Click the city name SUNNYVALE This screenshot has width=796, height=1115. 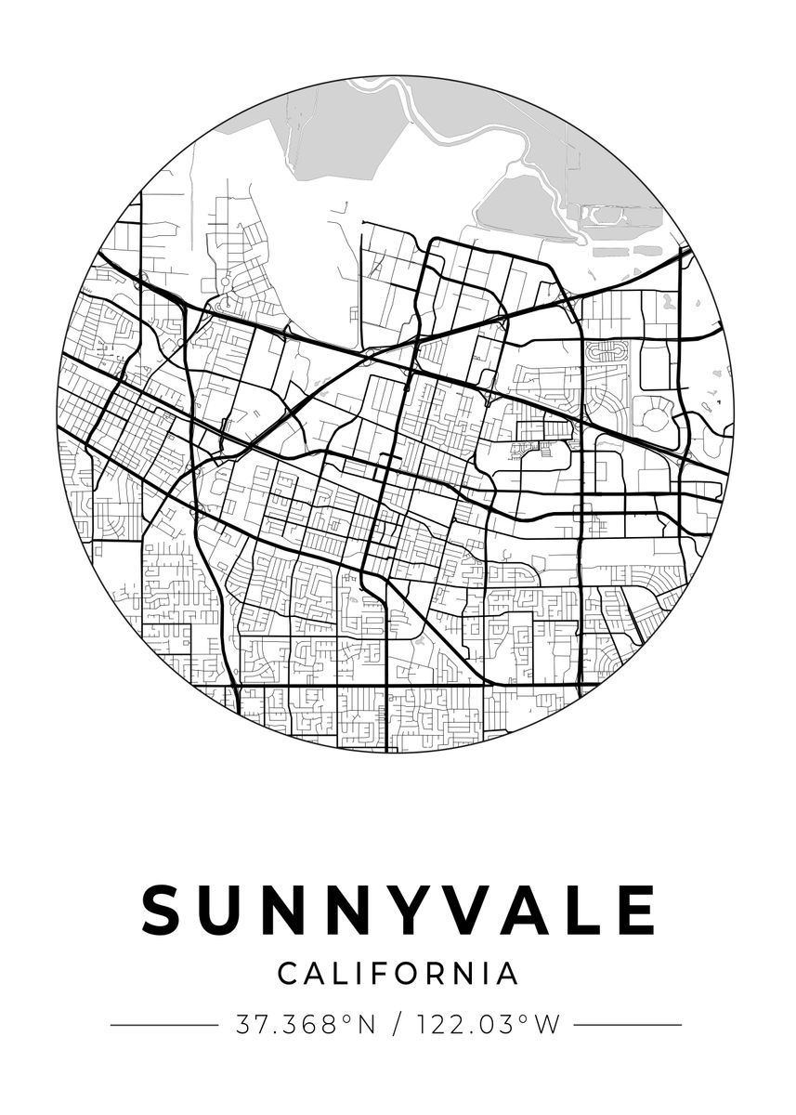point(398,910)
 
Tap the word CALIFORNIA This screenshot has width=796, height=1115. point(398,974)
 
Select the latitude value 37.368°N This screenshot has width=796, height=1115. point(305,1025)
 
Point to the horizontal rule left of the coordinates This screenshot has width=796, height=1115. point(163,1025)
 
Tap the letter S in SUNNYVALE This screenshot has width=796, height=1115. point(163,910)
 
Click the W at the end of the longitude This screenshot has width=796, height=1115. point(550,1025)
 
